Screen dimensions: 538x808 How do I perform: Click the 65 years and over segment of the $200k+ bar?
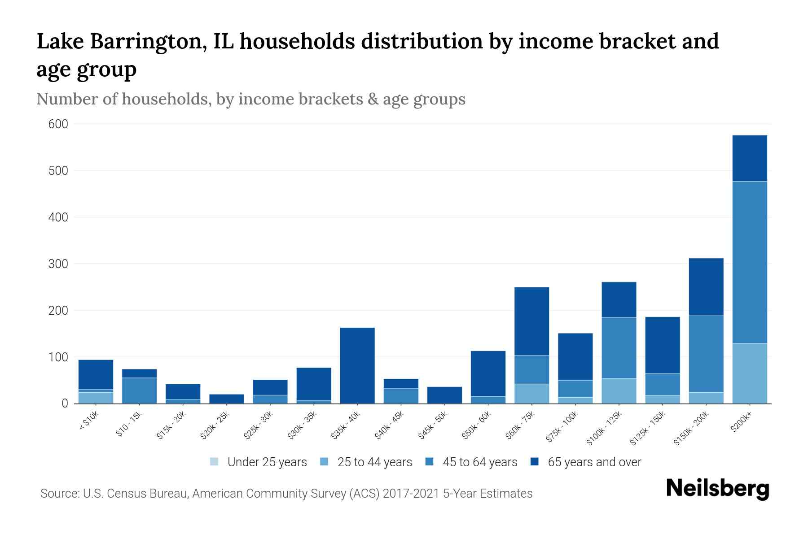750,158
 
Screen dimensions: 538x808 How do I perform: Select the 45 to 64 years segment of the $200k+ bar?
750,262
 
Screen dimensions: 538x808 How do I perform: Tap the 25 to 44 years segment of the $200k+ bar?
750,373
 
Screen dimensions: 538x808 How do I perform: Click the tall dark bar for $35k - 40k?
357,365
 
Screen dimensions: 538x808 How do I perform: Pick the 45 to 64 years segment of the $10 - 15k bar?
139,390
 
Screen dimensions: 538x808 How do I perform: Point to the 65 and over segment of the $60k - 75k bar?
531,321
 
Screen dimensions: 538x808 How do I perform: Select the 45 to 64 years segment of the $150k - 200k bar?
706,354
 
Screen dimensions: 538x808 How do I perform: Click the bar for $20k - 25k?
227,399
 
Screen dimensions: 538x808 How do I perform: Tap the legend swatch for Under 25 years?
214,462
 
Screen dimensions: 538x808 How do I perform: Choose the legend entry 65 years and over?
594,462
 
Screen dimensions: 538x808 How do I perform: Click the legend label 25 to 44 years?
374,462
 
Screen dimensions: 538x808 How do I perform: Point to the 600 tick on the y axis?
58,124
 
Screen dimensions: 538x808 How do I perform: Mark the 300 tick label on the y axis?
58,264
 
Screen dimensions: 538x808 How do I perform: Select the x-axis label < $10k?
89,421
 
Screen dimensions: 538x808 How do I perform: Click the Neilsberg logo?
717,489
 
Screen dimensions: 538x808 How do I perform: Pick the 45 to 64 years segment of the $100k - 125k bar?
619,348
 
